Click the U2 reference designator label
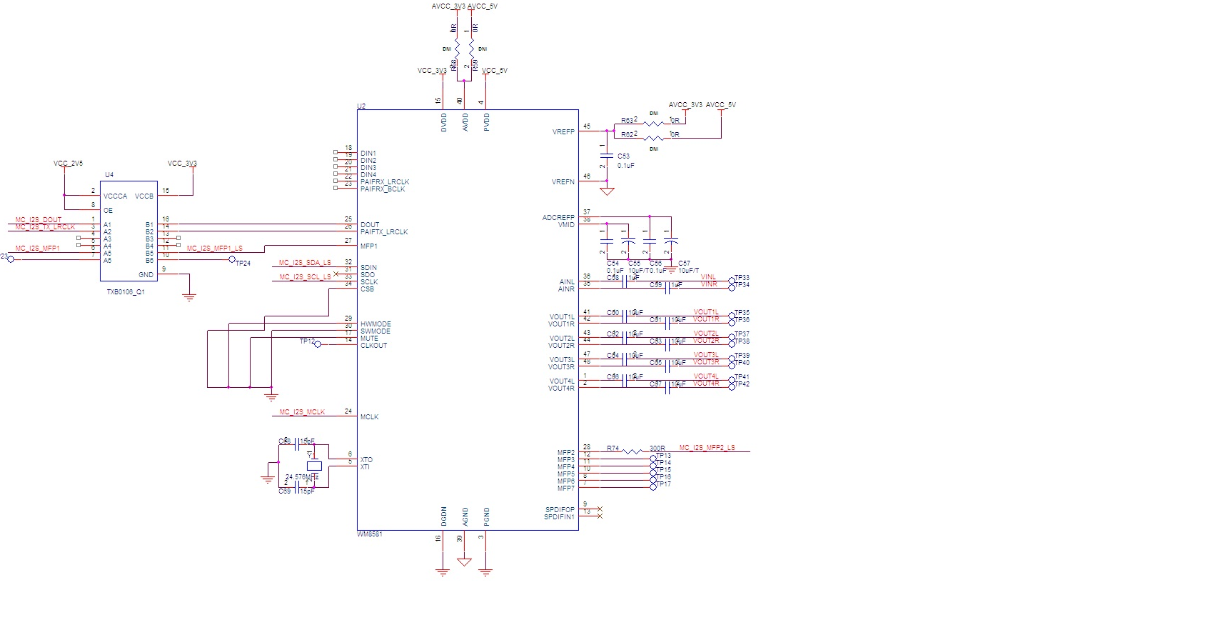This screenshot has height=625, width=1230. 361,106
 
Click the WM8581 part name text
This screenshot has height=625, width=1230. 370,534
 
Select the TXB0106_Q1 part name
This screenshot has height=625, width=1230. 126,291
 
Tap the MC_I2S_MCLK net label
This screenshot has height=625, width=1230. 302,412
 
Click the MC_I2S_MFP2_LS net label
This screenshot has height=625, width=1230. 707,448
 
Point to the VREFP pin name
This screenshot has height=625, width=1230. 563,132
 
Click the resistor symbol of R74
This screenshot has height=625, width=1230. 632,451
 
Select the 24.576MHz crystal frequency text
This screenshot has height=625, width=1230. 301,476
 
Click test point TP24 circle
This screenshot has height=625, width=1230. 231,260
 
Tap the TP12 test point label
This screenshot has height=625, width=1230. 306,341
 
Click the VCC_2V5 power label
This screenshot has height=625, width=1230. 68,164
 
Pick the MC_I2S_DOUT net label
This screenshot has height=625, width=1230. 39,220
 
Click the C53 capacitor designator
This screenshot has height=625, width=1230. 623,156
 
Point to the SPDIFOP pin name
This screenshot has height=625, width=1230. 560,510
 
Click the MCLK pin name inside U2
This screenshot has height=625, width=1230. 369,417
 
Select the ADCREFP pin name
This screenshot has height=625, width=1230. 558,218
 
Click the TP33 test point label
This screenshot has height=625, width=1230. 742,278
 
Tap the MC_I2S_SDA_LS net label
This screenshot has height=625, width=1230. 305,263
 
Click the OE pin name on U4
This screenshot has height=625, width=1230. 108,211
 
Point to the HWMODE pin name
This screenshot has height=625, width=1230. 375,324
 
